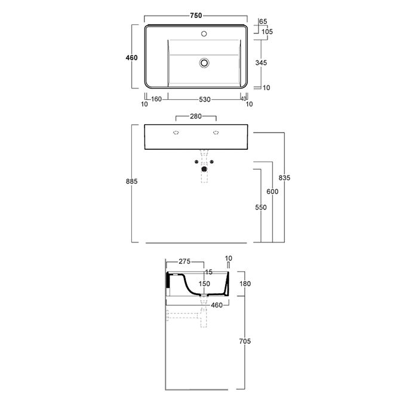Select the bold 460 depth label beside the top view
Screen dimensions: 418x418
point(132,58)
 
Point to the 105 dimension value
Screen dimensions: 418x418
point(267,32)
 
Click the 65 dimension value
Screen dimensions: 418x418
point(263,21)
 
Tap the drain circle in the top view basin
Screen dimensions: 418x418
point(205,62)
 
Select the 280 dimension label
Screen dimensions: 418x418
point(196,116)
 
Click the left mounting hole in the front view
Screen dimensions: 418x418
point(176,133)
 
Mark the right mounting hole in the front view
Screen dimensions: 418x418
point(216,133)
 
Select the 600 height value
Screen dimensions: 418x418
point(273,191)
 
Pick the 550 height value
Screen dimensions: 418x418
point(261,207)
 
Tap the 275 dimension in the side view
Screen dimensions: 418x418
point(184,262)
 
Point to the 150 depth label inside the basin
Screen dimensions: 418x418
point(204,284)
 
